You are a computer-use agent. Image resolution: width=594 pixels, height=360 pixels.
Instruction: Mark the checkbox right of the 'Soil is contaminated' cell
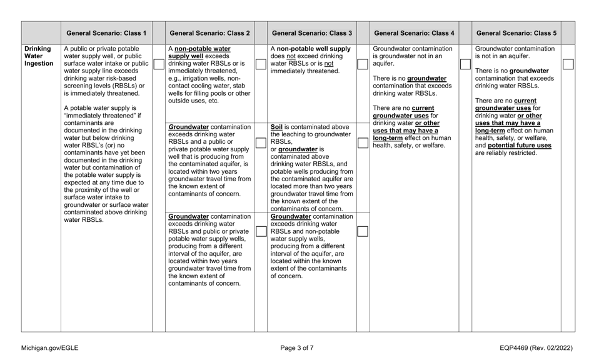tap(362, 144)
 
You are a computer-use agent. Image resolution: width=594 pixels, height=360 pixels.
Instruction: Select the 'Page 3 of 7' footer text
tap(297, 348)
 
